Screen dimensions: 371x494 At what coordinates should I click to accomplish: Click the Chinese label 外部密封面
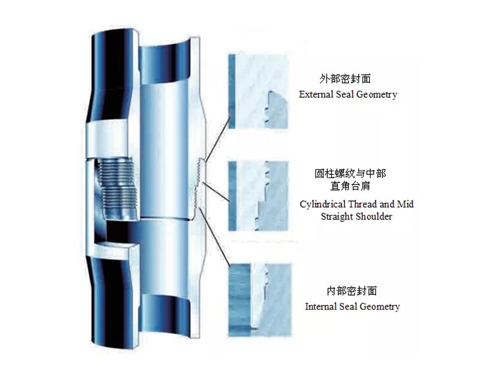coord(345,79)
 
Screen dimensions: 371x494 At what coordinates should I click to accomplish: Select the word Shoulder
coord(374,216)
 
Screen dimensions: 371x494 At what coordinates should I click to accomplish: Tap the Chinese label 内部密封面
coord(351,291)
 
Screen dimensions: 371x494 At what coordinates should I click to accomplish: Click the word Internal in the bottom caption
coord(322,307)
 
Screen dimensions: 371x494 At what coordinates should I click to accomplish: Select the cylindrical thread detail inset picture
coord(259,195)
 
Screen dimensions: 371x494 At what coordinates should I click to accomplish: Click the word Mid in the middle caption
coord(404,203)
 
